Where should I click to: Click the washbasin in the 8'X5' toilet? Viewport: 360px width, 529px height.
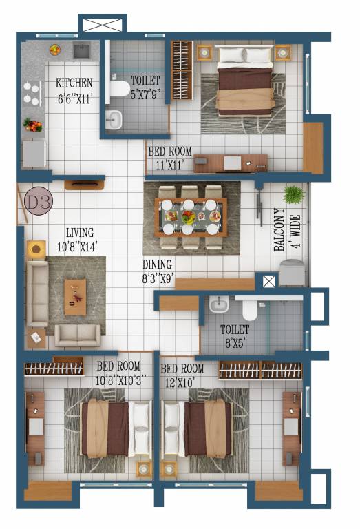[219, 304]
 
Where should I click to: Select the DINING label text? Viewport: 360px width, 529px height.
[157, 264]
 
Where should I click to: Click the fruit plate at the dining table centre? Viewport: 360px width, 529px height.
[189, 217]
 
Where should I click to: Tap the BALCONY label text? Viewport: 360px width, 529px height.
[279, 230]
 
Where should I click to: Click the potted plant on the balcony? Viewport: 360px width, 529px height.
[294, 194]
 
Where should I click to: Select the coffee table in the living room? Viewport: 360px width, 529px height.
[75, 297]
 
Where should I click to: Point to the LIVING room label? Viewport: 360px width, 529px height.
[80, 233]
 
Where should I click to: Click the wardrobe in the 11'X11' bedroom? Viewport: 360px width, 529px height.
[181, 70]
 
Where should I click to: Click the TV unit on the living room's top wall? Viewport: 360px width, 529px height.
[84, 185]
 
